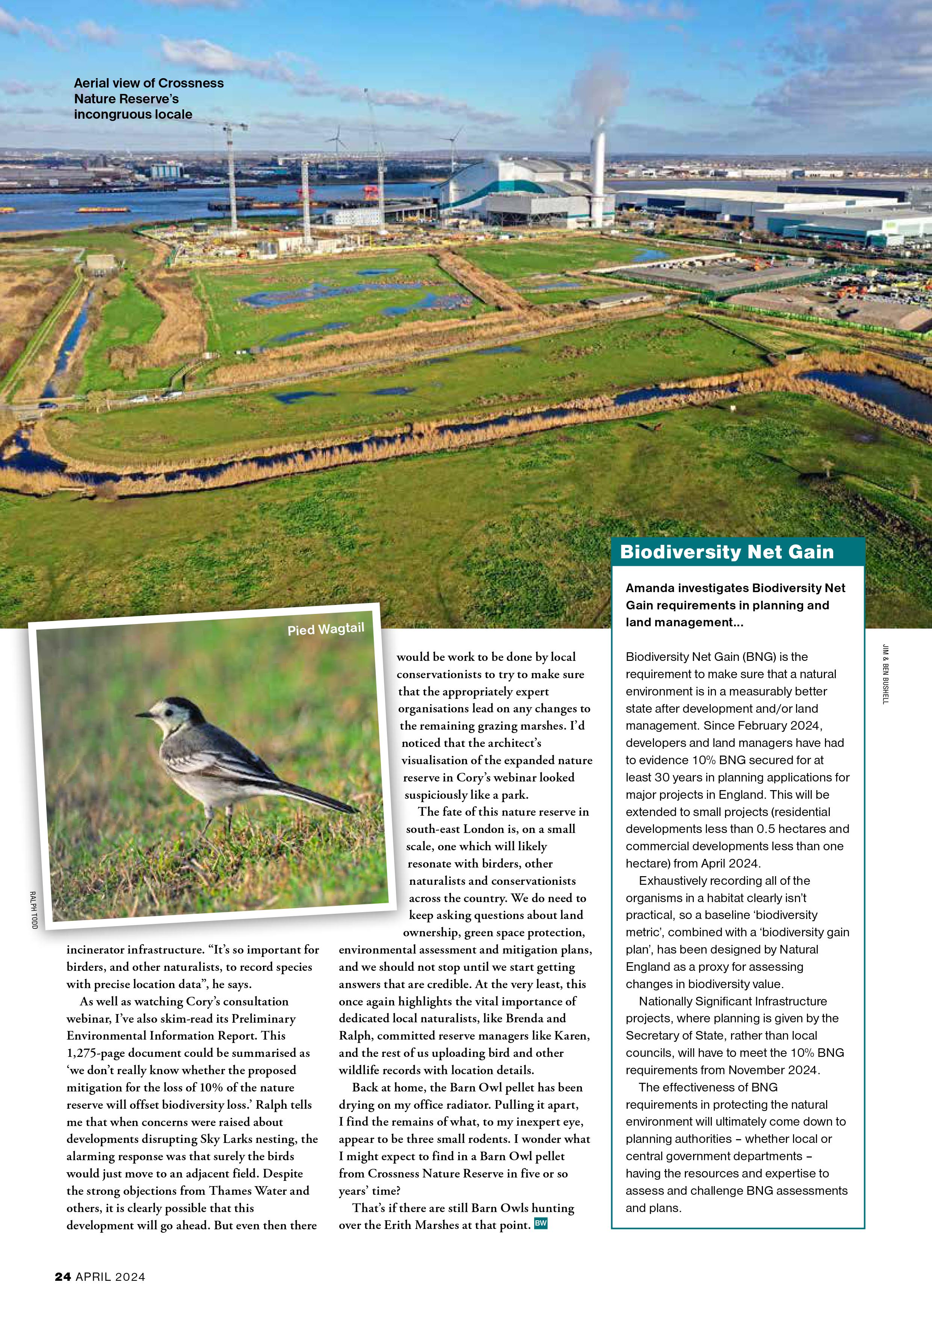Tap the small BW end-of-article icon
click(x=540, y=1223)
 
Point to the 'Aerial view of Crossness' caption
click(x=149, y=83)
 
